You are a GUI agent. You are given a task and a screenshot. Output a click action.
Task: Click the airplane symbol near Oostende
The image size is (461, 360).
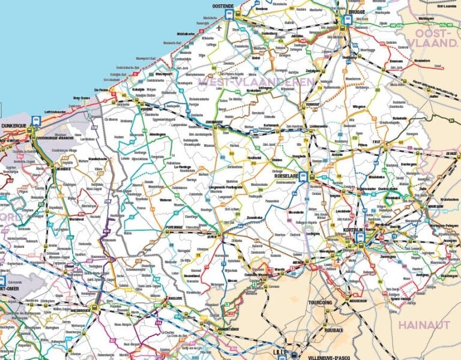tap(219, 28)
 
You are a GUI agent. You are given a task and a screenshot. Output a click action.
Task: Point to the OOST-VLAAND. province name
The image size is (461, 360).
tap(432, 37)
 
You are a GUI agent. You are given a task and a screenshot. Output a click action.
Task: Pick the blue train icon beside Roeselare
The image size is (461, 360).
tap(304, 176)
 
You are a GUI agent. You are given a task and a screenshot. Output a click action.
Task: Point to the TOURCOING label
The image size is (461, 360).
tap(320, 303)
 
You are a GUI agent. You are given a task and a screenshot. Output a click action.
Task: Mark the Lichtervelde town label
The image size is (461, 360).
tap(319, 127)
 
